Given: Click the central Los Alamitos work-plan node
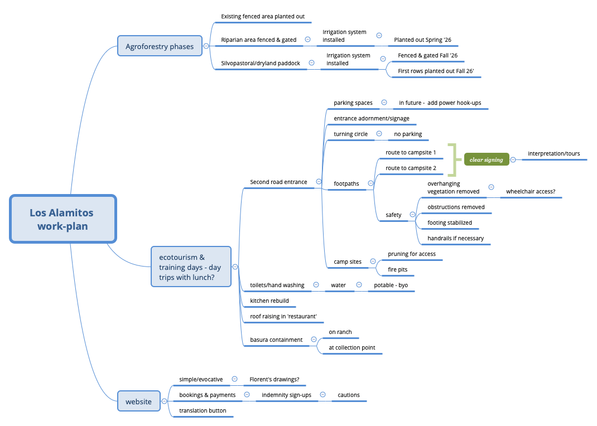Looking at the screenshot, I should point(62,219).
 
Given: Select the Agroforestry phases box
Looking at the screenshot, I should point(160,46).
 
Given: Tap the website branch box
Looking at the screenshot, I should point(138,401).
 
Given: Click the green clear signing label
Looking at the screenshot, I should point(486,159).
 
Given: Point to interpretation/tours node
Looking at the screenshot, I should point(553,153).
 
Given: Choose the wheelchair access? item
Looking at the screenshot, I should point(530,191).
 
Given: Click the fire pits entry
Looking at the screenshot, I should point(397,269).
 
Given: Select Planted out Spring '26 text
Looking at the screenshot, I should point(422,40).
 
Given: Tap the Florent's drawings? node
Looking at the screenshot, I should point(274,379).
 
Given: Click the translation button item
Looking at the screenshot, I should point(203,410).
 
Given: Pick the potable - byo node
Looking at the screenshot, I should point(391,285).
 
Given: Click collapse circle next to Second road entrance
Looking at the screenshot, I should point(319,182).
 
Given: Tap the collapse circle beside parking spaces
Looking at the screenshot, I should point(384,103).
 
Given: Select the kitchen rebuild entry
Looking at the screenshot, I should point(269,301).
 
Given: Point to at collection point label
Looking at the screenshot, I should point(352,347).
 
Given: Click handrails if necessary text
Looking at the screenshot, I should point(455,238).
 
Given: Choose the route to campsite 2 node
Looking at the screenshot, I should point(411,168).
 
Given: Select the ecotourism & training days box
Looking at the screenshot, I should point(191,267).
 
